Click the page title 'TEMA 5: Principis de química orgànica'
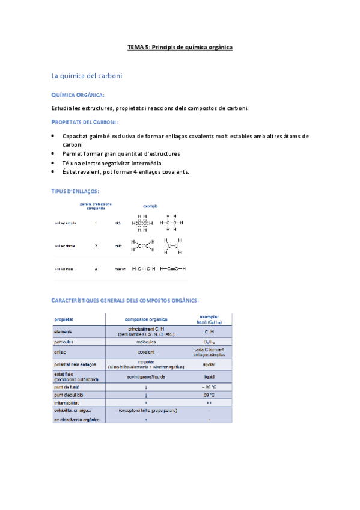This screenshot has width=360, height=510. coord(180,46)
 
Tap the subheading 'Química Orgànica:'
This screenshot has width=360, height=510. coord(78,95)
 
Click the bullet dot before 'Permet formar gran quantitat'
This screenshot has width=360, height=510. coord(53,154)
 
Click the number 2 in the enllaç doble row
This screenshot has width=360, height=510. coord(96,246)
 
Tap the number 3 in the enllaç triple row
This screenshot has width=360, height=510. coord(96,269)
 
